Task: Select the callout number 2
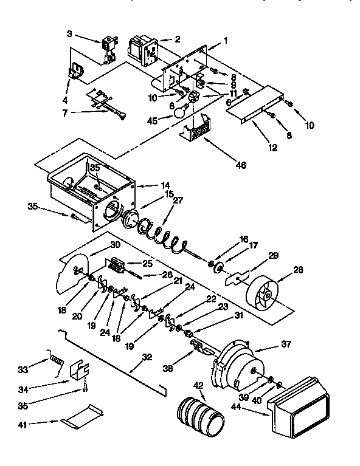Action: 178,39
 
